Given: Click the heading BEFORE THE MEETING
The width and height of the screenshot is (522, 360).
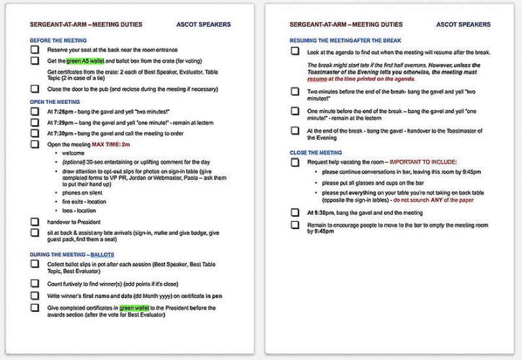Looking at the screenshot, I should point(58,40).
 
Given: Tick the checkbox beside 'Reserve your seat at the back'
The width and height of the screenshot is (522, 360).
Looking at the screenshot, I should point(35,50).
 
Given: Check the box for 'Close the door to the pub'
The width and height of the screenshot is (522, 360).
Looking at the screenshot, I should point(35,89).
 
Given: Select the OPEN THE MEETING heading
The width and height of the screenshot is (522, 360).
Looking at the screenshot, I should point(55,102).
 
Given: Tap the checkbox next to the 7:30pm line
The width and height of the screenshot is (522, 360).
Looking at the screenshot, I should point(35,133).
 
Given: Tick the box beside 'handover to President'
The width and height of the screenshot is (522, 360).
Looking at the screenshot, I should point(35,222).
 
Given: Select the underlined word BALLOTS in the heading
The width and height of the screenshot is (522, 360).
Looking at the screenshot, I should point(104,254).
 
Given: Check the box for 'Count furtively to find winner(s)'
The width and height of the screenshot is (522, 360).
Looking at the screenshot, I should point(35,283).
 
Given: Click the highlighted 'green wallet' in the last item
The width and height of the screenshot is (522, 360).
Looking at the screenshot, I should point(135,307).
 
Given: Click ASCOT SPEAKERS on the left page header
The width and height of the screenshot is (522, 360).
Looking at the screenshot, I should point(204,25).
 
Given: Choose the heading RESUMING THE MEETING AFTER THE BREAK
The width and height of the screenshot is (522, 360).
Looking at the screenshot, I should point(337,40).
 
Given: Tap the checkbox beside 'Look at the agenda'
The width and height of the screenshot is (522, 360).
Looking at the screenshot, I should point(295,52).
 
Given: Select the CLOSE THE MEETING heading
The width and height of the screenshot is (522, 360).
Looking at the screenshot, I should point(316,153).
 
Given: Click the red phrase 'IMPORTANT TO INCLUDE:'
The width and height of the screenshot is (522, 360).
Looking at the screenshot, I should point(423,162).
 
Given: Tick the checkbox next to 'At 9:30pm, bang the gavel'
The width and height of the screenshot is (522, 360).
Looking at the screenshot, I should point(295,213).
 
